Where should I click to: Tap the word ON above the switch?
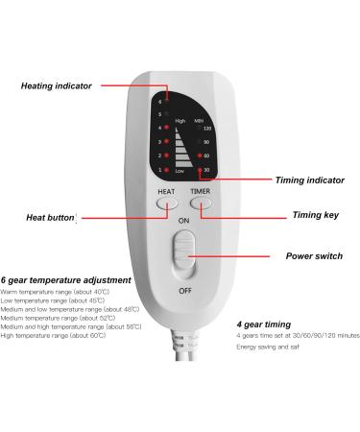tap(182, 218)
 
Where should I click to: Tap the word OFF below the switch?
tap(182, 289)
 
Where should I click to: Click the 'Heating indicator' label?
tap(57, 85)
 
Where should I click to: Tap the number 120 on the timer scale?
tap(205, 128)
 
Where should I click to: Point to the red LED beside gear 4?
tap(168, 126)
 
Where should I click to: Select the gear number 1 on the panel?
tap(160, 169)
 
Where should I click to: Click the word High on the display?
tap(180, 120)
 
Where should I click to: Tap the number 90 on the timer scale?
tap(206, 142)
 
